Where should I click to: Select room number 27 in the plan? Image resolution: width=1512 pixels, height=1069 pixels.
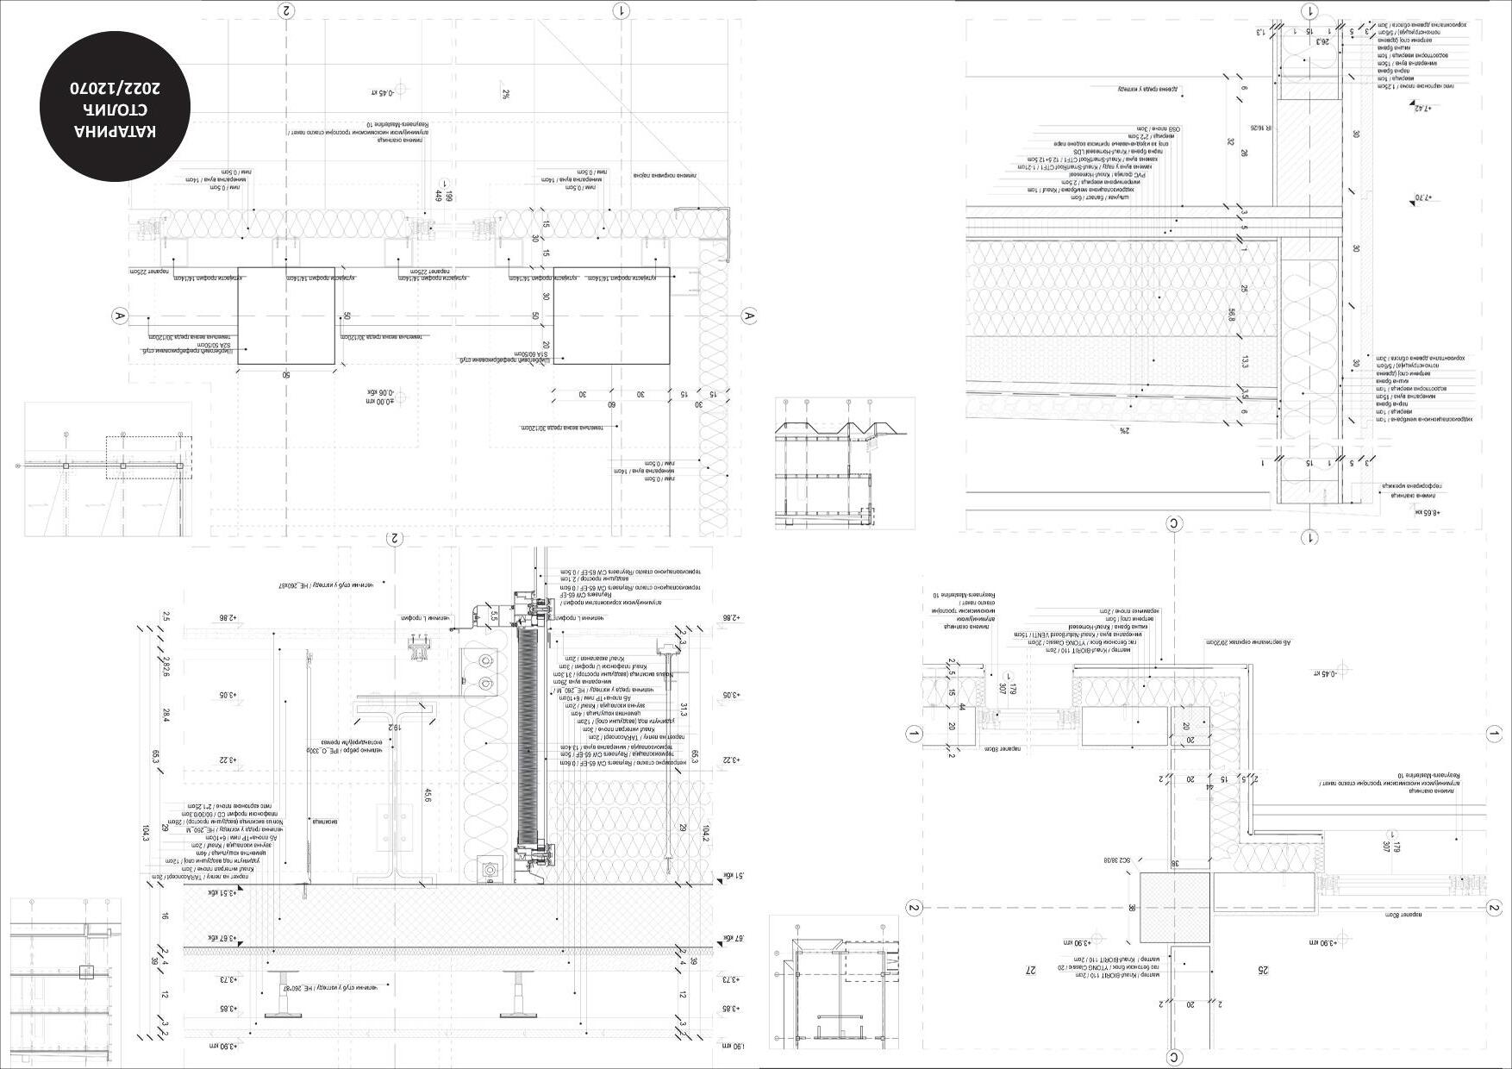pyautogui.click(x=1029, y=971)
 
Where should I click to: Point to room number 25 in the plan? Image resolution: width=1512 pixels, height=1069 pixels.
pyautogui.click(x=1263, y=971)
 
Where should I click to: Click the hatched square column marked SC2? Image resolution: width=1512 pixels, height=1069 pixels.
pyautogui.click(x=1174, y=907)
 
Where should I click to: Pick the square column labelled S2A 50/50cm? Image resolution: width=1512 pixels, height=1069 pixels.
pyautogui.click(x=286, y=316)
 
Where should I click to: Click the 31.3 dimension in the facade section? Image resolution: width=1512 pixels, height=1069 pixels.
pyautogui.click(x=684, y=709)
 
